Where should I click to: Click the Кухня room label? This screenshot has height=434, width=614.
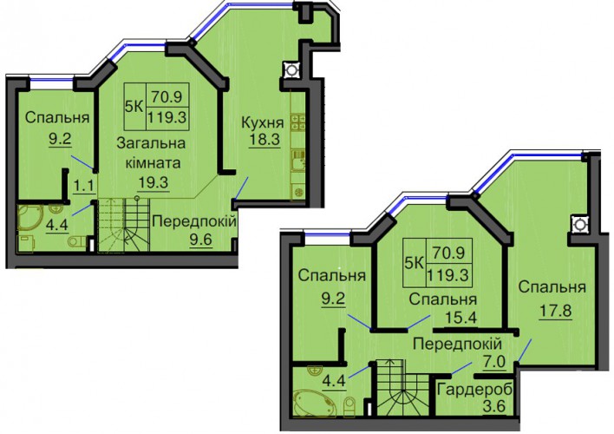click(x=263, y=122)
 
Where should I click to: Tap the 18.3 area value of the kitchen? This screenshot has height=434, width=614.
click(x=265, y=140)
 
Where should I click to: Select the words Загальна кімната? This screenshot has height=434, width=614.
click(x=152, y=153)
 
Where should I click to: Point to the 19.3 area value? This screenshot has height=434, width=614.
click(x=153, y=182)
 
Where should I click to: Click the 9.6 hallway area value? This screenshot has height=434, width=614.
click(x=201, y=239)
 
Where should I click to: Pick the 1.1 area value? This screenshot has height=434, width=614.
click(x=84, y=185)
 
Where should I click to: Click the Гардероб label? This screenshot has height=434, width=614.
click(x=475, y=390)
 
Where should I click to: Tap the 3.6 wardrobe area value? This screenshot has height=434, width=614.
click(x=493, y=405)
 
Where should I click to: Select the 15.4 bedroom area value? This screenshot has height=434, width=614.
click(x=460, y=317)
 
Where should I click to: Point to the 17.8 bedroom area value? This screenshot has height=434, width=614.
click(x=555, y=312)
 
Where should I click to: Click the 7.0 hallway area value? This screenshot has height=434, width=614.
click(x=494, y=362)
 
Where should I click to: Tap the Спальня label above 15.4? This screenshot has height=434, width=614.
click(x=443, y=299)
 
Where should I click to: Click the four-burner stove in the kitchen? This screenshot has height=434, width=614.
click(x=298, y=122)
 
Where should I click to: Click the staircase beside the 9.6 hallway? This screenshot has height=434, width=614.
click(x=124, y=224)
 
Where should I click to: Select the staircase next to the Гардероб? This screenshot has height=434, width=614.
click(x=404, y=387)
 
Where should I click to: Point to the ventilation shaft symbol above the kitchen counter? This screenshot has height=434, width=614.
click(x=291, y=70)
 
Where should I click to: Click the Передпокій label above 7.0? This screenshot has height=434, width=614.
click(x=457, y=345)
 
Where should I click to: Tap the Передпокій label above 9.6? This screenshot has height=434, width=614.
click(x=194, y=221)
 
